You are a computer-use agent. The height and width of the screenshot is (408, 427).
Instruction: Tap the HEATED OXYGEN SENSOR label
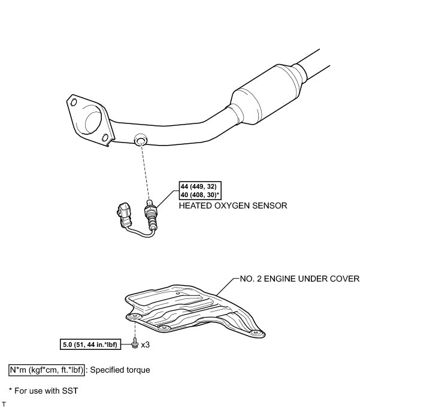pos(233,205)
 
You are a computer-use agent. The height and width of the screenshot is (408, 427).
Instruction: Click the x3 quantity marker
pos(145,345)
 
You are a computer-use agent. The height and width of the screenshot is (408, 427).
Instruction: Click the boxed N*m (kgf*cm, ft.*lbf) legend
pos(47,370)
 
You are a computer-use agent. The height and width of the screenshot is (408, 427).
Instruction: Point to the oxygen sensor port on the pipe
pos(140,139)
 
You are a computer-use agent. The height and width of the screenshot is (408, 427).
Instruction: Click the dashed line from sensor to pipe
pos(143,171)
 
